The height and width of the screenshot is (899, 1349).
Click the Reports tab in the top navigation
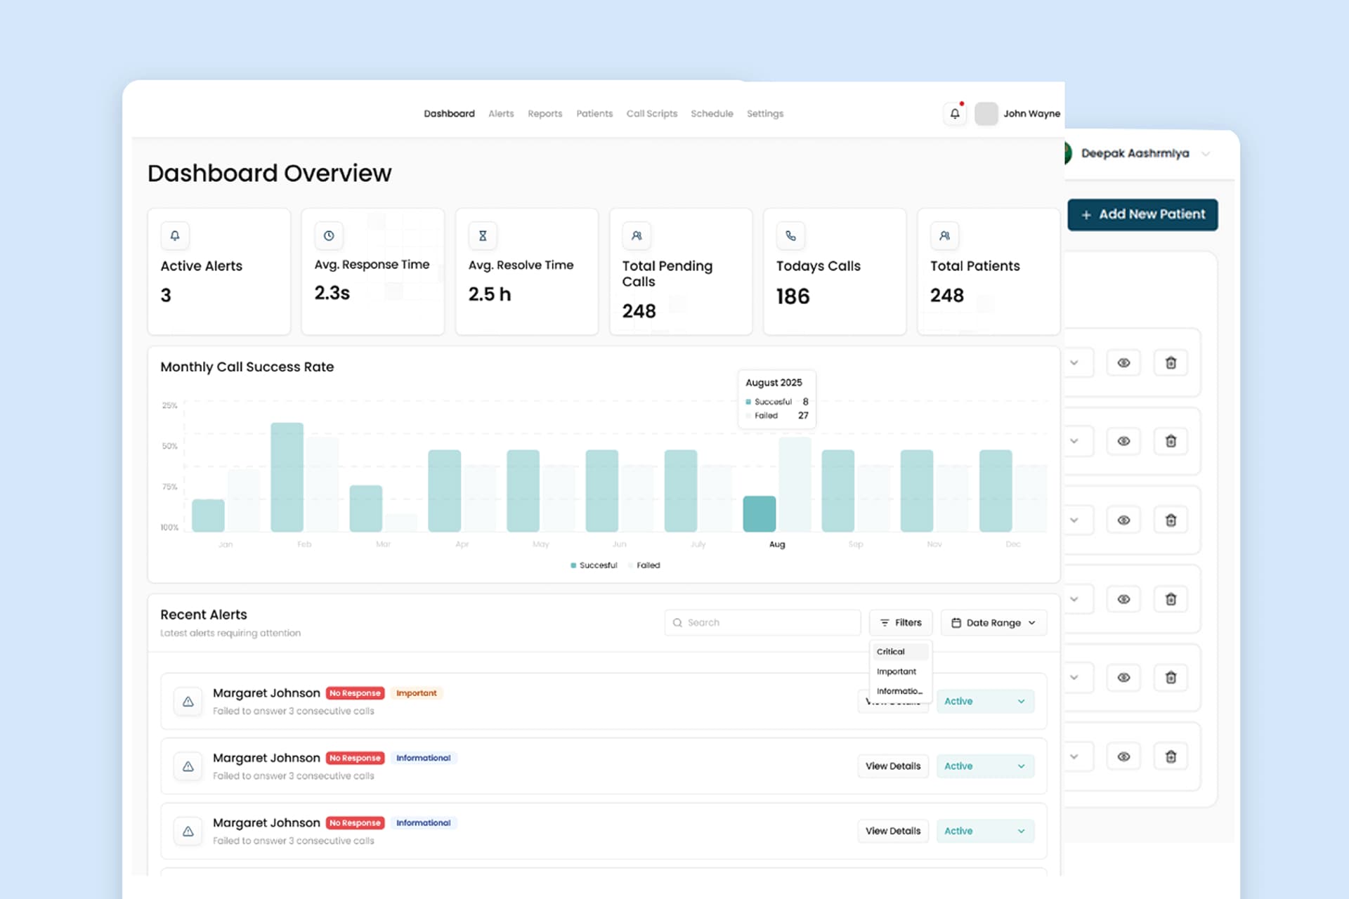point(545,114)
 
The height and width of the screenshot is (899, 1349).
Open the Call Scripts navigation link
point(651,114)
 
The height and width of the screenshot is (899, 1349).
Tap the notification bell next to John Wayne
point(954,114)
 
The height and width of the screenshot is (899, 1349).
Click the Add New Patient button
point(1142,214)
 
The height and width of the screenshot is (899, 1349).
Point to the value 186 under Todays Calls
point(793,296)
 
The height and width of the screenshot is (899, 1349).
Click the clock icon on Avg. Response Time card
point(329,236)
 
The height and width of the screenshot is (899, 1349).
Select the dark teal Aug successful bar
point(759,513)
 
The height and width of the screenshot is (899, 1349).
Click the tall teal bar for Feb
point(287,477)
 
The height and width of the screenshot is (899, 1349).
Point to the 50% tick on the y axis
point(169,446)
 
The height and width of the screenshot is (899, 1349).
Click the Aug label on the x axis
point(776,544)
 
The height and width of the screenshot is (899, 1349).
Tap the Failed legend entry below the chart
point(647,565)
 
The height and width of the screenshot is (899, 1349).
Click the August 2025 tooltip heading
point(773,383)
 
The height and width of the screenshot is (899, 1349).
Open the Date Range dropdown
point(993,622)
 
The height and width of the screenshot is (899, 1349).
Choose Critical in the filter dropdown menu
point(891,652)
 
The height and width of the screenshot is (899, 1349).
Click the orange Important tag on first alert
point(416,693)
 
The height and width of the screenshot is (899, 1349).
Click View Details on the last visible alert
point(892,831)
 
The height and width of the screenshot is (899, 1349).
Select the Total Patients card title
point(975,266)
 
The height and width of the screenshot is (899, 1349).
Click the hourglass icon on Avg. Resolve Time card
point(483,236)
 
